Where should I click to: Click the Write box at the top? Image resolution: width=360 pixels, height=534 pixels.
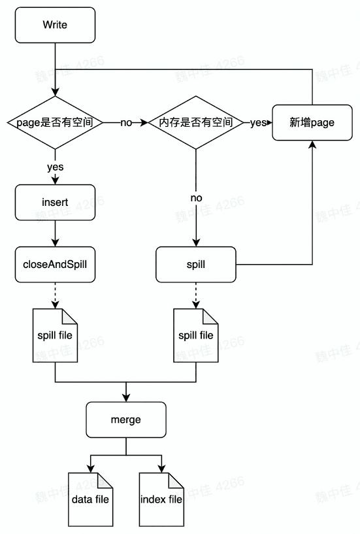coord(55,25)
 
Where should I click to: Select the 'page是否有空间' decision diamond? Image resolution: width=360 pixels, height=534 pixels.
coord(55,122)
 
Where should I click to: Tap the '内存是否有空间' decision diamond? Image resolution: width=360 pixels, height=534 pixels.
coord(195,122)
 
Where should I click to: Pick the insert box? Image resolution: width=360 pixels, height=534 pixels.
coord(55,202)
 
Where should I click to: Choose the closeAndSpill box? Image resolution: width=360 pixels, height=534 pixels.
coord(55,265)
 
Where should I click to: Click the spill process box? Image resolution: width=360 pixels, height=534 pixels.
coord(195,265)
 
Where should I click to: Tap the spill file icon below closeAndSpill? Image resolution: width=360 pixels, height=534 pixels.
coord(55,335)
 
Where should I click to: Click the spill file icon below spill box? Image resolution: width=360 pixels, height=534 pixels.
coord(195,335)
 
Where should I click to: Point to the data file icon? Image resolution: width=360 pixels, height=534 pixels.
coord(90,500)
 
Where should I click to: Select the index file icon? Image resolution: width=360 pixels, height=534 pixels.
coord(161,500)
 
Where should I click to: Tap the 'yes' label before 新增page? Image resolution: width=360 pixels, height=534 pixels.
coord(258,123)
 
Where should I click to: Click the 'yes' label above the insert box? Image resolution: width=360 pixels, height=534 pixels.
coord(55,167)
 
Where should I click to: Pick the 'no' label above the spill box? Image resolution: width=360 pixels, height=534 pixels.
coord(196,197)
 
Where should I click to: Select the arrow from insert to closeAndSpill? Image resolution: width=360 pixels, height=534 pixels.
coord(55,233)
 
